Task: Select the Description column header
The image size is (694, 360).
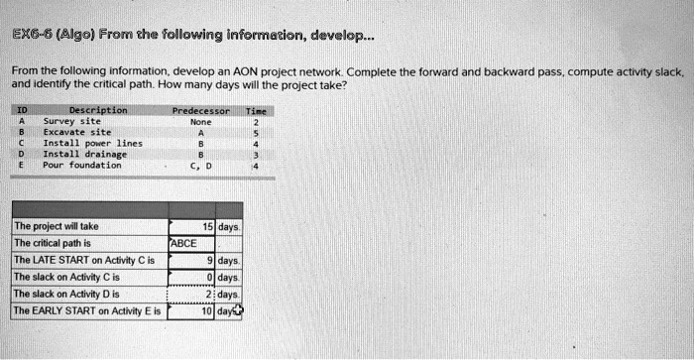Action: (97, 110)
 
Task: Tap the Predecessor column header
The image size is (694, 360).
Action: (201, 110)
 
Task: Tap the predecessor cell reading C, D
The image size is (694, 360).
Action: (201, 165)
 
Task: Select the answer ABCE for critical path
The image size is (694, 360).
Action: (185, 243)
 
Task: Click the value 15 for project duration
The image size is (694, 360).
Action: (207, 227)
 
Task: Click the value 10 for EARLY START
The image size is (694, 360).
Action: (207, 310)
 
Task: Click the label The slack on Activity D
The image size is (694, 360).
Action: (65, 294)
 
